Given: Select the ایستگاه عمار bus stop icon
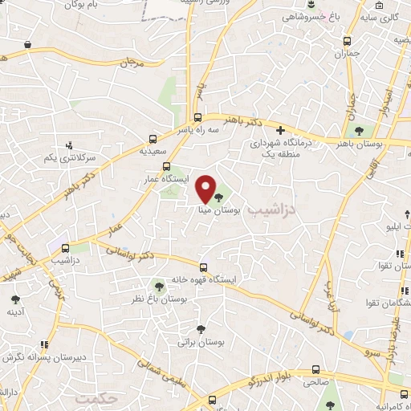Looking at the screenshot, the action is (x=167, y=167).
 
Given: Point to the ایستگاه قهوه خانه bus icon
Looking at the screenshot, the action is (x=203, y=267).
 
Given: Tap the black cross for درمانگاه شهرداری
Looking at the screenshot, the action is (x=280, y=130).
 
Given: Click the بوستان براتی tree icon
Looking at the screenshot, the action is (x=201, y=328).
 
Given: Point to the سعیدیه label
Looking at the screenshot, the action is (x=153, y=150).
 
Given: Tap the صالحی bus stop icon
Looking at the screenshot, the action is (x=315, y=370).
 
